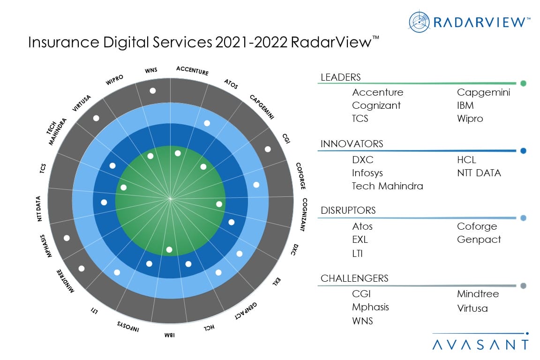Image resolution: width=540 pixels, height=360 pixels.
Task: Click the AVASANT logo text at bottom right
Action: pos(480,345)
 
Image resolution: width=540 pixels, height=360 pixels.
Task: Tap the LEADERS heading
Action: pos(340,77)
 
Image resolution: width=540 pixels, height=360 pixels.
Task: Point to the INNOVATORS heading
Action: pos(352,144)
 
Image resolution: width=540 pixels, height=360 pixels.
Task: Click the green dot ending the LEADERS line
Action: pos(523,83)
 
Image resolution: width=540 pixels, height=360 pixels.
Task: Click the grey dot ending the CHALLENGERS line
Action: pos(523,285)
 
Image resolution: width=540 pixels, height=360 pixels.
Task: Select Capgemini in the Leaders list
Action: pos(483,92)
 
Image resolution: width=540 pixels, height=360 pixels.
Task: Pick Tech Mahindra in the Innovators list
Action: pos(387,186)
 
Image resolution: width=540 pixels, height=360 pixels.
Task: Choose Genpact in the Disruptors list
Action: pos(479,240)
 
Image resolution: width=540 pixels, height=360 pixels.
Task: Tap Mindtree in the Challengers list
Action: pos(478,294)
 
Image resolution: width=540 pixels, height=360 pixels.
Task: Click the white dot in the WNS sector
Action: pos(152,91)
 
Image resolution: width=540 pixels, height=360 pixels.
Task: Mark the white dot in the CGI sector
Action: pos(268,149)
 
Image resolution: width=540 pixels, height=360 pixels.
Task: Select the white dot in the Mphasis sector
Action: pos(67,238)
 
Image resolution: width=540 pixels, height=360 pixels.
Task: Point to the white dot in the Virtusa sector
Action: pos(96,118)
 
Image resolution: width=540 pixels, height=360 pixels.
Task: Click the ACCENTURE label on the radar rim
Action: pos(192,70)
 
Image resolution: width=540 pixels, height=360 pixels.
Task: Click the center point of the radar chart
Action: pos(170,199)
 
